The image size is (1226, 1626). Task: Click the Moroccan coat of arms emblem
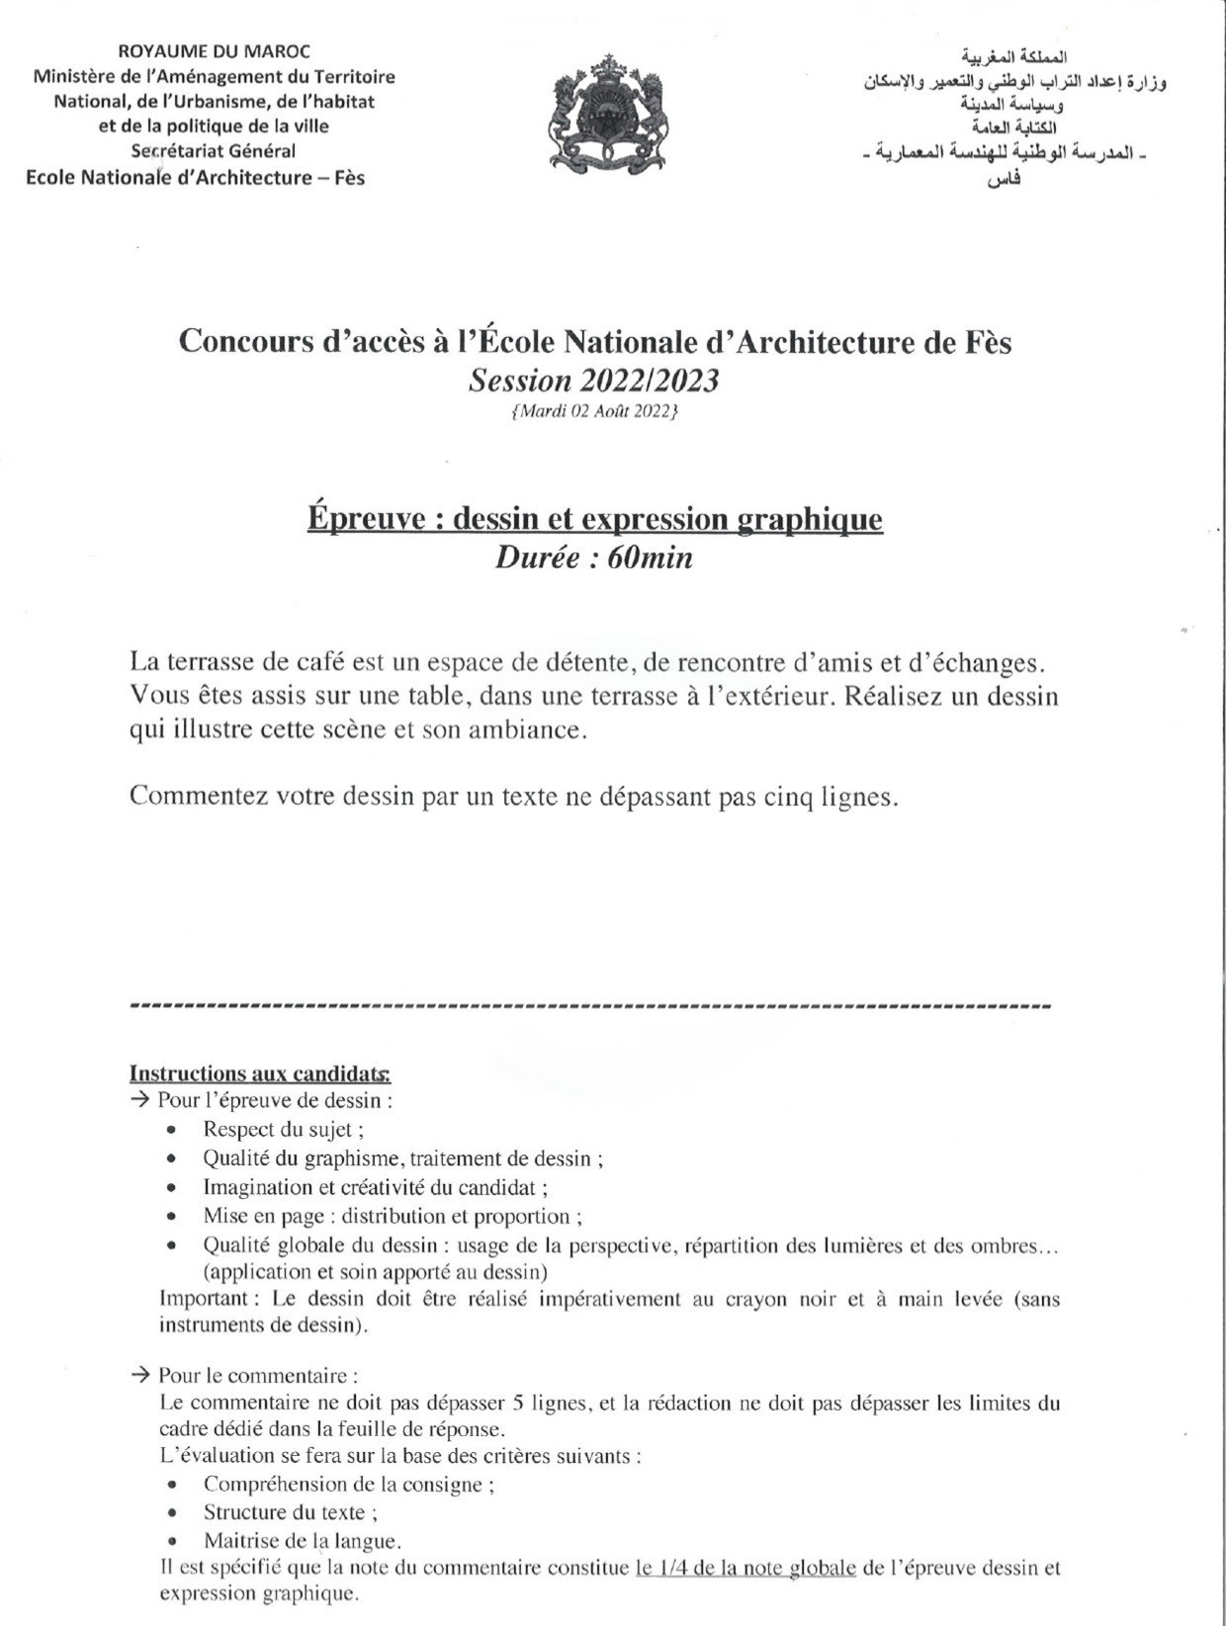608,117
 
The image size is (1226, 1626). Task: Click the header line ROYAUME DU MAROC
214,50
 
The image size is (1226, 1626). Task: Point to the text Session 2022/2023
594,381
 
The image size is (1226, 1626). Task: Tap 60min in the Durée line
650,558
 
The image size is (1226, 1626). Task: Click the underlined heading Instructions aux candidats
259,1073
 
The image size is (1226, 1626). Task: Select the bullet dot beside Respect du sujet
173,1129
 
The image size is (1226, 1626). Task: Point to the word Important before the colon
202,1298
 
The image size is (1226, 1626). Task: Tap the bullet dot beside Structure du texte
174,1511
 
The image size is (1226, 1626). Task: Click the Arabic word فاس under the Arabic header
1006,180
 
